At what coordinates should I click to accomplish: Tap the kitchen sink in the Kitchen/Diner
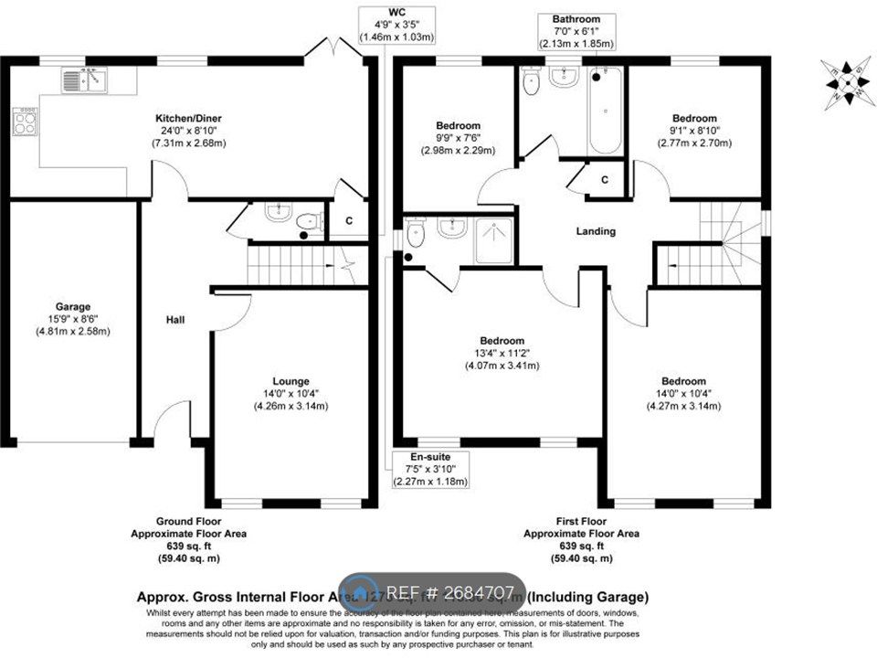click(x=83, y=81)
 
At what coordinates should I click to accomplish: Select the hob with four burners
click(x=25, y=122)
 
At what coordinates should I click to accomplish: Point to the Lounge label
click(x=291, y=381)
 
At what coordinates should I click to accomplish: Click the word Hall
click(x=175, y=320)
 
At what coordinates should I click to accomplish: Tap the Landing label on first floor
click(x=595, y=231)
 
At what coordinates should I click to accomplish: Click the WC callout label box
click(x=396, y=25)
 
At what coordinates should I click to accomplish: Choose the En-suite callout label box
click(x=429, y=469)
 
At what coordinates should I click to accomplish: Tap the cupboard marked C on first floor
click(x=604, y=179)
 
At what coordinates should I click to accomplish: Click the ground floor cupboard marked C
click(x=349, y=220)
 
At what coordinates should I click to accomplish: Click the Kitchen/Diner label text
click(x=188, y=118)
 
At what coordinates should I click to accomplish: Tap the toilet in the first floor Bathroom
click(x=531, y=82)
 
